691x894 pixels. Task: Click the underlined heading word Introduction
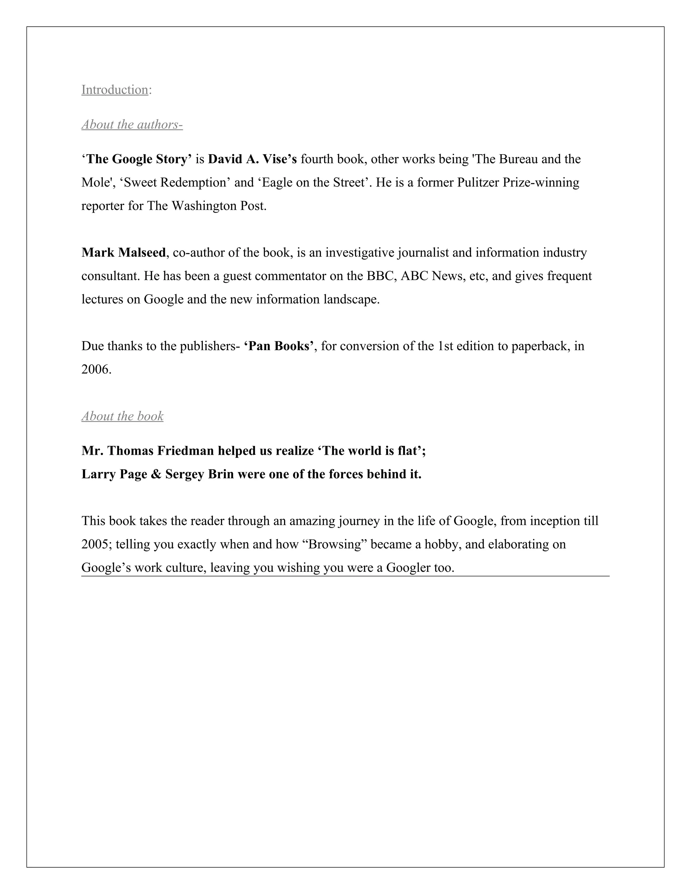115,90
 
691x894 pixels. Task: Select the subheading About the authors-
132,124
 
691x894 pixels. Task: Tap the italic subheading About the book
122,416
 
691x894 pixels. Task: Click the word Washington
203,206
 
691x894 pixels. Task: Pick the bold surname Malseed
142,253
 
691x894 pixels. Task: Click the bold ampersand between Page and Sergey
156,474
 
